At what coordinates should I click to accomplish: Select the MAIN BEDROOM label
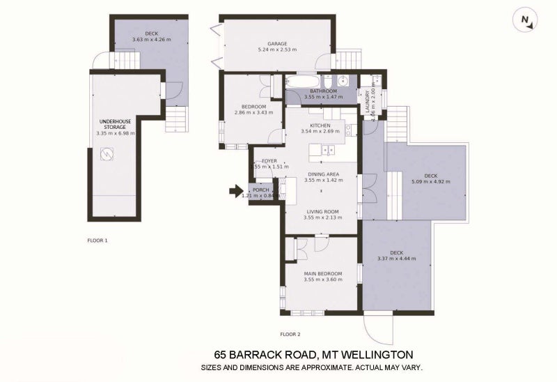click(322, 273)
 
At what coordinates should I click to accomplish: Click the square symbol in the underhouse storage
click(109, 156)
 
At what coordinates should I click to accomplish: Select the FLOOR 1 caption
click(97, 240)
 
